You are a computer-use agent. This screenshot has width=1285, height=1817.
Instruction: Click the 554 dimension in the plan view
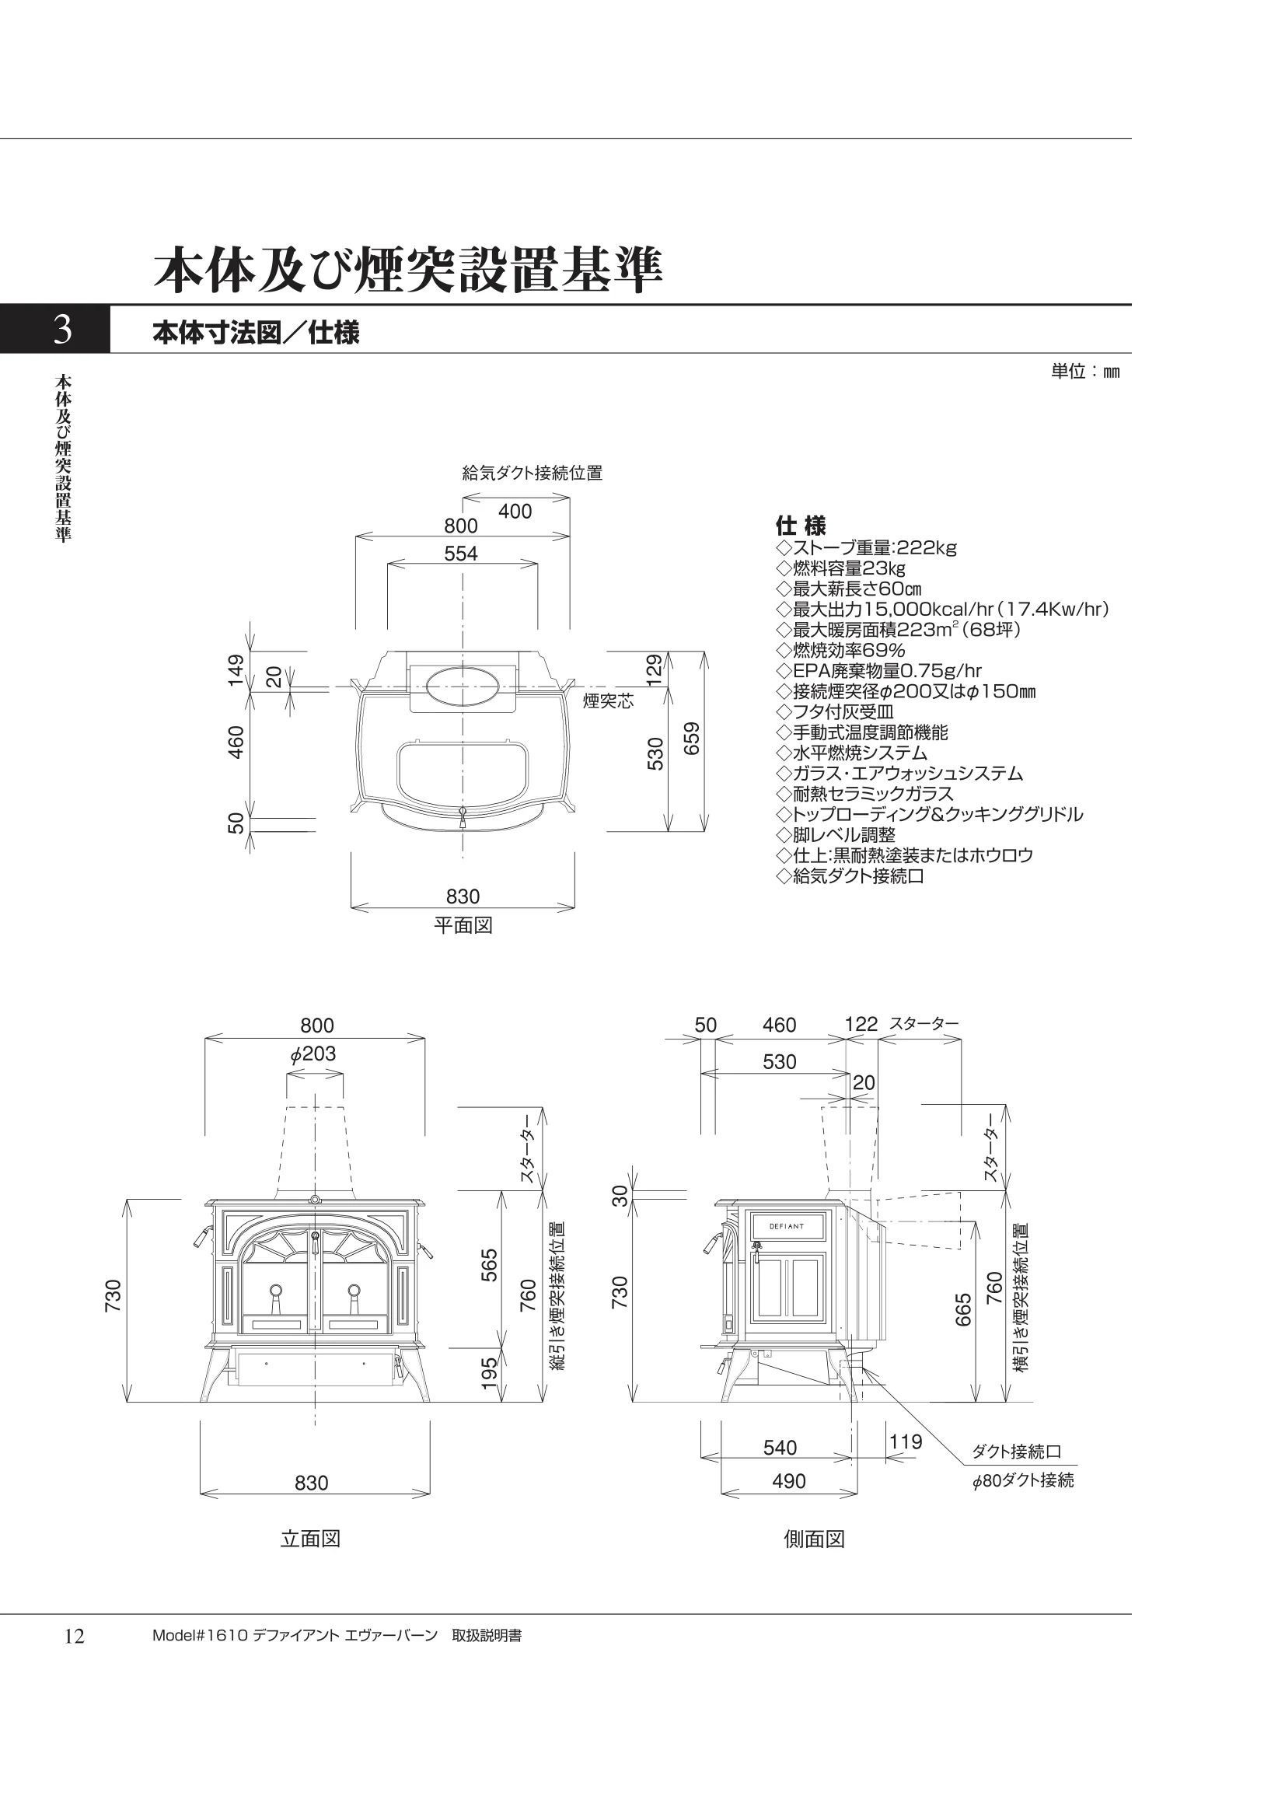pyautogui.click(x=460, y=553)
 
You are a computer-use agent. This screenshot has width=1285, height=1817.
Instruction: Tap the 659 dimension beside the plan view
pyautogui.click(x=692, y=739)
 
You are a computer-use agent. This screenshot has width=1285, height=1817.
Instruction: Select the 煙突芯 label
pyautogui.click(x=609, y=701)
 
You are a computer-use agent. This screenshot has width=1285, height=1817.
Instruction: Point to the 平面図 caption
pyautogui.click(x=463, y=925)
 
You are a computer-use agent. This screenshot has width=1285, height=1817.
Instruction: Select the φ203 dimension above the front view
pyautogui.click(x=313, y=1054)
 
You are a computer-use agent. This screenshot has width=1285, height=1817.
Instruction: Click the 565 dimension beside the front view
pyautogui.click(x=490, y=1266)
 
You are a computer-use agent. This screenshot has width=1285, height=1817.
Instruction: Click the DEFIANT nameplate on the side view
pyautogui.click(x=787, y=1228)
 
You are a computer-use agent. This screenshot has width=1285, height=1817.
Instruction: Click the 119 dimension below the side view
pyautogui.click(x=905, y=1442)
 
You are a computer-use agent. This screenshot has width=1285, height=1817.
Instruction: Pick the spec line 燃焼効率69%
pyautogui.click(x=841, y=651)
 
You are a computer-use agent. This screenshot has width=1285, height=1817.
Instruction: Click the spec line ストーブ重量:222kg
pyautogui.click(x=867, y=547)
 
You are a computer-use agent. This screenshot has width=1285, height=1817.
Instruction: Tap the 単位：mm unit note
pyautogui.click(x=1084, y=371)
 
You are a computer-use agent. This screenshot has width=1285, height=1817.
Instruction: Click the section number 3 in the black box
pyautogui.click(x=62, y=329)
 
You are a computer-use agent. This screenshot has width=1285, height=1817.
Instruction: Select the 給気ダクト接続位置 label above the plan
pyautogui.click(x=533, y=473)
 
